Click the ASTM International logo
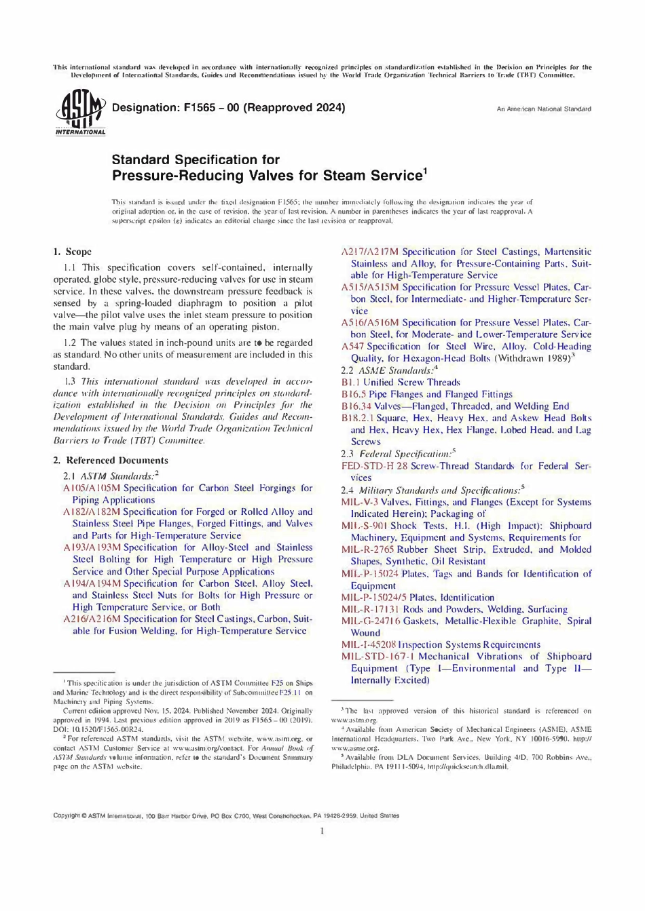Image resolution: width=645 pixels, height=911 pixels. pyautogui.click(x=80, y=113)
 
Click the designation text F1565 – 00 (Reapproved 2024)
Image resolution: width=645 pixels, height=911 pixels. pyautogui.click(x=228, y=107)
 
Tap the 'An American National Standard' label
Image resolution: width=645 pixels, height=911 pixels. pyautogui.click(x=543, y=109)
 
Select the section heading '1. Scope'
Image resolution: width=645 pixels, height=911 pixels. pyautogui.click(x=72, y=252)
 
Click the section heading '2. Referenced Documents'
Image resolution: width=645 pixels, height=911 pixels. pyautogui.click(x=110, y=461)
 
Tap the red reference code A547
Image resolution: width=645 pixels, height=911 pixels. pyautogui.click(x=352, y=347)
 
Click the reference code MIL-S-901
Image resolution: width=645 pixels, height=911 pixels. pyautogui.click(x=364, y=526)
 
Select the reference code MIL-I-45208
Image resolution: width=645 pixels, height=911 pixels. pyautogui.click(x=368, y=645)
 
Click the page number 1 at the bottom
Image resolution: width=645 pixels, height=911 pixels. pyautogui.click(x=322, y=831)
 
